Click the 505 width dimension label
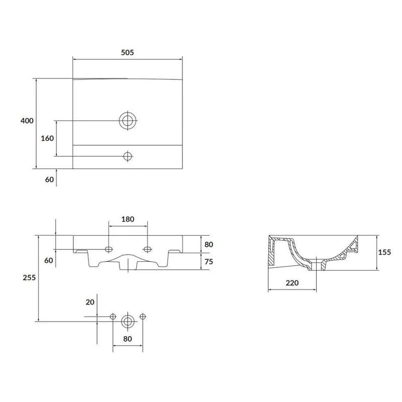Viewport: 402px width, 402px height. (128, 52)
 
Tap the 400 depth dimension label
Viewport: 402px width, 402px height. (27, 121)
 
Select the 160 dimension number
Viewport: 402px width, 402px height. (47, 138)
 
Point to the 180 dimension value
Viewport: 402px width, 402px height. (128, 219)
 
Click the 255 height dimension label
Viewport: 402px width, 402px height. (29, 277)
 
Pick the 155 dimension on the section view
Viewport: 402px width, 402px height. (384, 252)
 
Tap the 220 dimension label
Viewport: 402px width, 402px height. (292, 283)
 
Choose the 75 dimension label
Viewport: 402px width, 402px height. (209, 261)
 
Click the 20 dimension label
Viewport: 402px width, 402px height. (90, 303)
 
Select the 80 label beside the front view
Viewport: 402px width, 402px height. (209, 245)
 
